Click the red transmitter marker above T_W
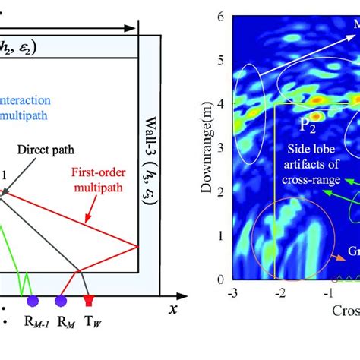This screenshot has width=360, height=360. tap(90, 302)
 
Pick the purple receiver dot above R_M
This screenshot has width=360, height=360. tap(61, 302)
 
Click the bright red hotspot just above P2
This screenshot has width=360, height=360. tap(312, 115)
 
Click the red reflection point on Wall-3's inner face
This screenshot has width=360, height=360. tap(137, 246)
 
